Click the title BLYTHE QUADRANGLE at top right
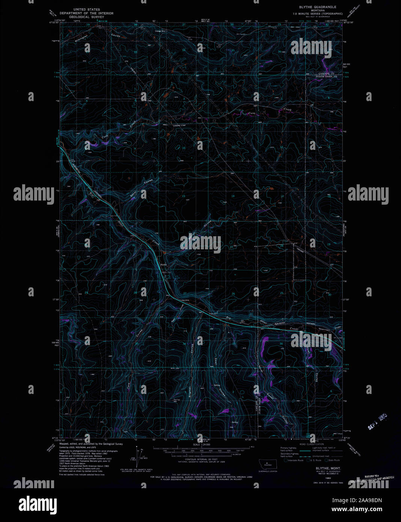click(317, 7)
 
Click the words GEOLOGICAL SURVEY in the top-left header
click(87, 17)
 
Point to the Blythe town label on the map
click(163, 265)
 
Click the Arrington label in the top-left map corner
click(81, 39)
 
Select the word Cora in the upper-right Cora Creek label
click(252, 113)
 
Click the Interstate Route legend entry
click(295, 460)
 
